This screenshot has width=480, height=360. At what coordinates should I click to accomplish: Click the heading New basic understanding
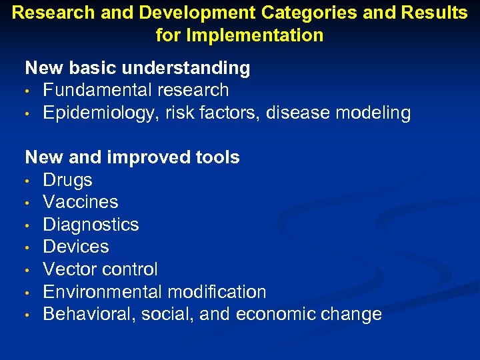[x=137, y=68]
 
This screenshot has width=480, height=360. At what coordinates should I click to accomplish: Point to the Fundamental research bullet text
[x=135, y=90]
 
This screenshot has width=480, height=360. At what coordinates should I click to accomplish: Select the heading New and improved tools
[x=132, y=157]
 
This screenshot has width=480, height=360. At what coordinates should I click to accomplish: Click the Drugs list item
[x=67, y=180]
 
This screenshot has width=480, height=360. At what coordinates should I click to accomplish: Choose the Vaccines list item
[x=80, y=202]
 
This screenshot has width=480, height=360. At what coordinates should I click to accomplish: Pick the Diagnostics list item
[x=91, y=225]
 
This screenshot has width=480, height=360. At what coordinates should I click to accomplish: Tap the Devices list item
[x=75, y=247]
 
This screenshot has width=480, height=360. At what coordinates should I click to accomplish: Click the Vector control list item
[x=100, y=269]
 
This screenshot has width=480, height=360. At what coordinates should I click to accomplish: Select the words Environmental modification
[x=154, y=292]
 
